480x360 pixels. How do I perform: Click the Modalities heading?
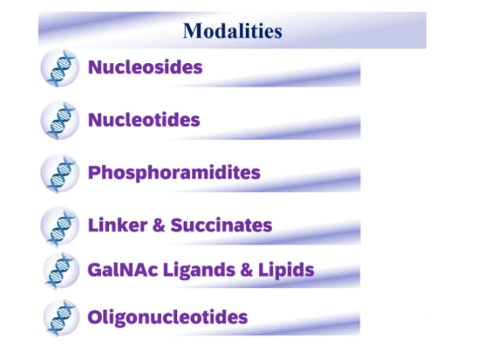(232, 31)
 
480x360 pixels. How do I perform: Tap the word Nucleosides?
(145, 67)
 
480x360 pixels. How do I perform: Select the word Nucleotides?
(144, 120)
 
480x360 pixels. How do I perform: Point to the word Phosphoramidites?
(174, 173)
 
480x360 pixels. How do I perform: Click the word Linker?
(118, 225)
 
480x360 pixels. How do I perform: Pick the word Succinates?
(221, 225)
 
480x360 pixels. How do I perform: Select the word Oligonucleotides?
(167, 317)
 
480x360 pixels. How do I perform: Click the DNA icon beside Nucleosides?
(60, 68)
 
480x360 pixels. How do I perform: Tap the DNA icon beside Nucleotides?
(60, 120)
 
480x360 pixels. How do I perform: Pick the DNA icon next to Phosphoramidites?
(60, 173)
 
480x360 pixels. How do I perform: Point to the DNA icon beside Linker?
(60, 226)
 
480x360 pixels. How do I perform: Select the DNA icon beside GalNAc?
(61, 270)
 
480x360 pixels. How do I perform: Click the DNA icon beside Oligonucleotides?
(61, 318)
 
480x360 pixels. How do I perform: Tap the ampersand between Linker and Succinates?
(159, 225)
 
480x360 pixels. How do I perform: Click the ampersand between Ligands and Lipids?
(247, 270)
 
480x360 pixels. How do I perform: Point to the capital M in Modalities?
(192, 31)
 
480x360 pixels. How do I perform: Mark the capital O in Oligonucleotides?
(95, 317)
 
